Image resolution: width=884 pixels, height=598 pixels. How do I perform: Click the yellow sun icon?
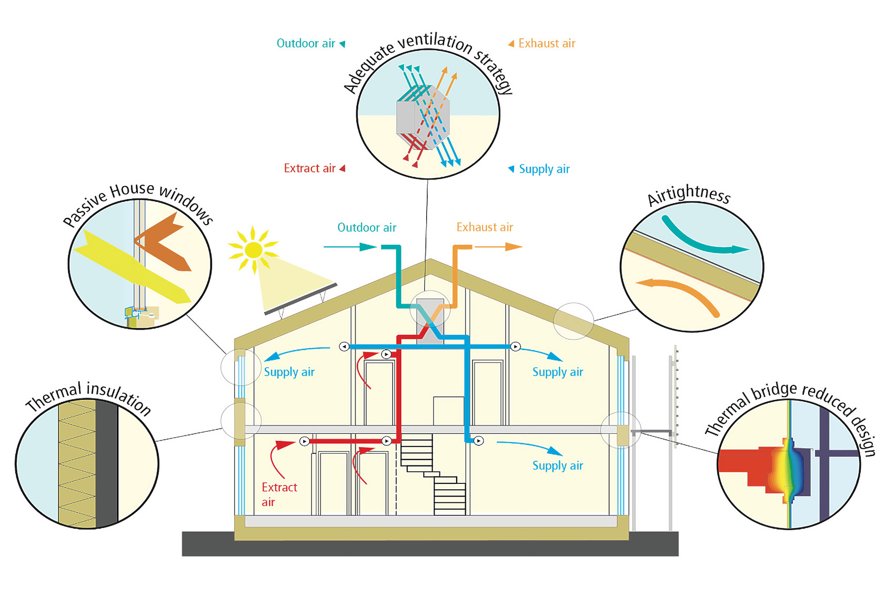pyautogui.click(x=254, y=250)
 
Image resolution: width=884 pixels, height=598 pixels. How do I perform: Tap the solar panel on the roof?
pyautogui.click(x=301, y=299)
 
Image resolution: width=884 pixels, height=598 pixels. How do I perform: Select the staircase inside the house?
pyautogui.click(x=434, y=474)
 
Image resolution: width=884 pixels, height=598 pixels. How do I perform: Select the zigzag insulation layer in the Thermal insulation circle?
pyautogui.click(x=77, y=463)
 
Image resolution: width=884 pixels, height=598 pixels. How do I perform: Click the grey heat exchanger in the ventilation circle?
pyautogui.click(x=423, y=118)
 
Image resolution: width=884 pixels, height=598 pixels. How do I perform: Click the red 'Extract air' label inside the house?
pyautogui.click(x=279, y=494)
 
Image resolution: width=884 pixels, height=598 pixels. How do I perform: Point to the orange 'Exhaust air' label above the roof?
pyautogui.click(x=485, y=227)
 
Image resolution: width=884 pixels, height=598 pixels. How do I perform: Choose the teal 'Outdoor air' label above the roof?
pyautogui.click(x=367, y=227)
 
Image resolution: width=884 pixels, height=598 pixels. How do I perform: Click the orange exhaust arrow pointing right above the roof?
pyautogui.click(x=498, y=247)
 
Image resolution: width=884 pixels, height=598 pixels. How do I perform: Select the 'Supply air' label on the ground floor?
pyautogui.click(x=558, y=466)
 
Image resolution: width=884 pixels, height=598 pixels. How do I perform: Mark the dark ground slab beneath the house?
pyautogui.click(x=430, y=544)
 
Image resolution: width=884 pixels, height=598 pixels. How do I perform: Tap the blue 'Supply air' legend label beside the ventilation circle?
pyautogui.click(x=544, y=169)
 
